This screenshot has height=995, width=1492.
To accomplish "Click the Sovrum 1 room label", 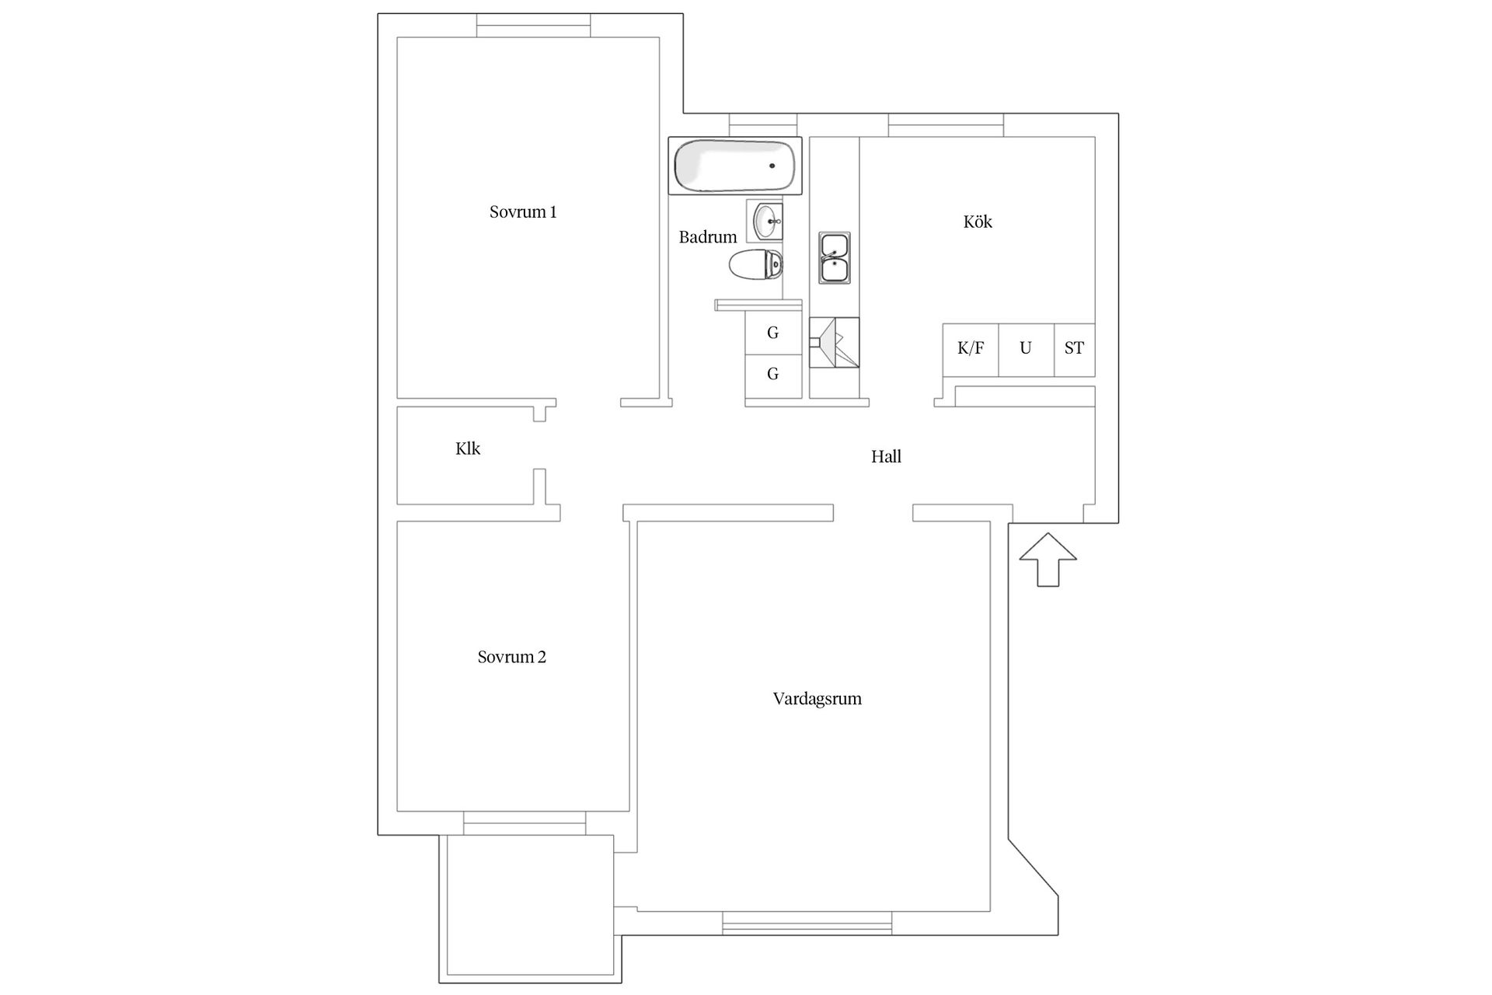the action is (x=523, y=212).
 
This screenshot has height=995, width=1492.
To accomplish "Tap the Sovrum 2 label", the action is (x=512, y=658).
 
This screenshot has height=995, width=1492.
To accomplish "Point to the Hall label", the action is (x=886, y=457).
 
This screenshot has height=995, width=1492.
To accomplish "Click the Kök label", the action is (x=978, y=222).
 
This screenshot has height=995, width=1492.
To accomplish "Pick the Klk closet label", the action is (x=468, y=449).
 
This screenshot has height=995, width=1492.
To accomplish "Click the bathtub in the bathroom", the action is (x=735, y=166).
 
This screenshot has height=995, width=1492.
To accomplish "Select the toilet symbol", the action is (x=756, y=265).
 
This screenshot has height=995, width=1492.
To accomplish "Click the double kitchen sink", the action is (x=834, y=258).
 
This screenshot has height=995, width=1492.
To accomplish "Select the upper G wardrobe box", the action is (x=772, y=333).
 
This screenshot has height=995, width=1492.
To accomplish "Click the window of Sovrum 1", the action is (x=533, y=26).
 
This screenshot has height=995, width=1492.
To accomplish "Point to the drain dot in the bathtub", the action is (x=772, y=166).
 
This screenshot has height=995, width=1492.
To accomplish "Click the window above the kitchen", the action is (x=946, y=125).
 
